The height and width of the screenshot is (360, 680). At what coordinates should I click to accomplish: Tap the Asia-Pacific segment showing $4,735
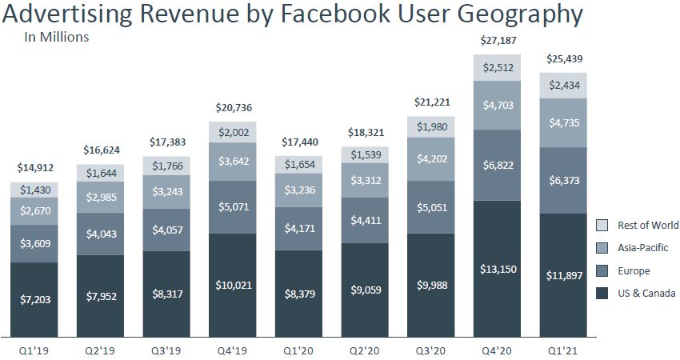pos(563,122)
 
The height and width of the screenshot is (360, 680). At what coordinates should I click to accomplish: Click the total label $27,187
pos(498,39)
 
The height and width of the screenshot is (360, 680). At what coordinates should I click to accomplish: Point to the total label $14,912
pos(34,167)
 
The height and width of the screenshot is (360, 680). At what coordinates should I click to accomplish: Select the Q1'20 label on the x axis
pos(299,349)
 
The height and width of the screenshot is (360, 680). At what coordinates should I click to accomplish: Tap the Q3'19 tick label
pos(166,349)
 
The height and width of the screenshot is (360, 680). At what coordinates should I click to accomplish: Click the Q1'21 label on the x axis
pos(563,349)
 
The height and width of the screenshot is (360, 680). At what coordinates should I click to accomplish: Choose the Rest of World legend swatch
pos(603,225)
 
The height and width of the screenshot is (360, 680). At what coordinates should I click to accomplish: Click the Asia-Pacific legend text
pos(642,248)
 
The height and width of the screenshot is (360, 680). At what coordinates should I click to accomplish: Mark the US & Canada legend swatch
pos(603,294)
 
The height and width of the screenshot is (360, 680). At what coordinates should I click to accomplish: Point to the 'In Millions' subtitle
pos(56,36)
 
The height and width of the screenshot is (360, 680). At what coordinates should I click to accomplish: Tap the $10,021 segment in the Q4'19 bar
pos(233,286)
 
